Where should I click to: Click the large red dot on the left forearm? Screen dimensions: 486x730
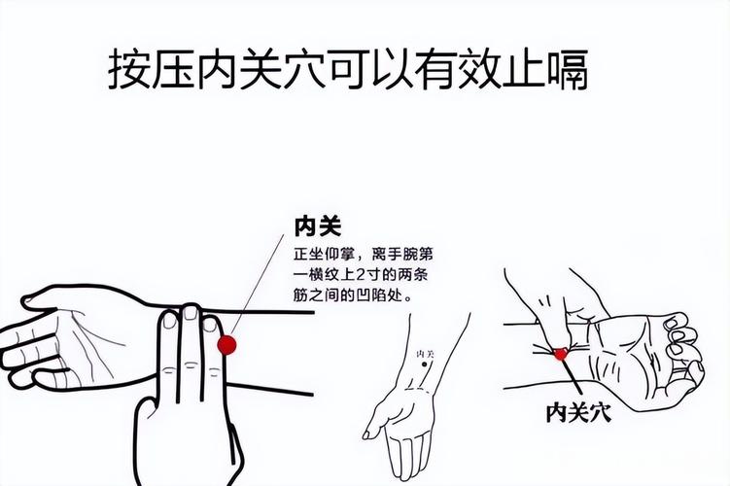[x=227, y=343]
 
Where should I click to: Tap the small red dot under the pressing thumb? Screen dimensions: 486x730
[x=561, y=354]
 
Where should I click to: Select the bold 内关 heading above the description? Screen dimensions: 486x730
[x=317, y=226]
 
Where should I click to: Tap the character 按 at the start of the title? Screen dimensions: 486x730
[x=129, y=70]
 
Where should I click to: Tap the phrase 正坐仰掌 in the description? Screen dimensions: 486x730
[x=323, y=255]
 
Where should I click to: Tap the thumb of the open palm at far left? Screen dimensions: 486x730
[x=58, y=296]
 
